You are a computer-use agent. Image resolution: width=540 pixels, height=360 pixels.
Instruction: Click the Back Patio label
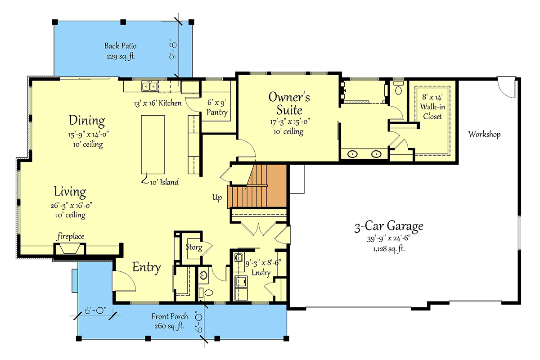click(x=120, y=45)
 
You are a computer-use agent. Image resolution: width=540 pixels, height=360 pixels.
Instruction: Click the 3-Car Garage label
click(x=388, y=226)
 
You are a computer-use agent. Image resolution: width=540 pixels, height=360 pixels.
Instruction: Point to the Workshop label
click(x=484, y=134)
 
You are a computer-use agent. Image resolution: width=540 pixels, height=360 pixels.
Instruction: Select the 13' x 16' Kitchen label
click(x=157, y=103)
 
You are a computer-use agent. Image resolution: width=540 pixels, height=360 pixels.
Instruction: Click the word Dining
click(x=87, y=121)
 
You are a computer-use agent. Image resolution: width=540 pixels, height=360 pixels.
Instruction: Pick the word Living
click(x=70, y=192)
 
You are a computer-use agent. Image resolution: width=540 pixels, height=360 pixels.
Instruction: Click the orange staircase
click(x=258, y=186)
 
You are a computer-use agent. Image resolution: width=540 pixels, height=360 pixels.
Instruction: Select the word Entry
click(x=146, y=268)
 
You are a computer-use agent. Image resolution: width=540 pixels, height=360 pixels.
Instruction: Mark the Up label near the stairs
click(x=217, y=198)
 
